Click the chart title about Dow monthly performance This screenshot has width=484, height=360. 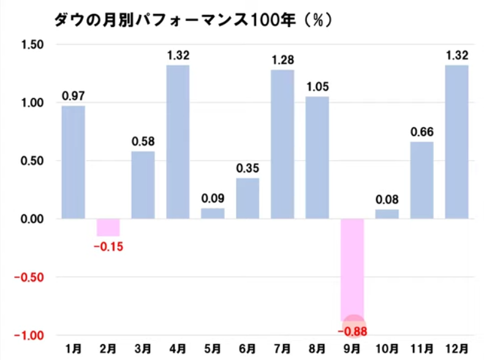193,20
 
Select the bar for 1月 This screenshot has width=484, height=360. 74,163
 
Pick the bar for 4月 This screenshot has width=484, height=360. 178,142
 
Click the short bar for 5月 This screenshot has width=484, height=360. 213,213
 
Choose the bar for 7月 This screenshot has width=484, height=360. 282,144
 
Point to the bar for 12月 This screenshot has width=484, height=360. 456,142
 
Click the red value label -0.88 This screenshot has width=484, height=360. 352,332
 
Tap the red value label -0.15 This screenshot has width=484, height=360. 108,247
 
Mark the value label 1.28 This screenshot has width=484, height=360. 282,60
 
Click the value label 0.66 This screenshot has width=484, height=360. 422,132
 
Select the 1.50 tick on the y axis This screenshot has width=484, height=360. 32,44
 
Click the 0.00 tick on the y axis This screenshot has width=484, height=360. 32,219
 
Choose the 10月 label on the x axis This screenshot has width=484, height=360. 387,350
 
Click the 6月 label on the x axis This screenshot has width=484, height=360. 248,350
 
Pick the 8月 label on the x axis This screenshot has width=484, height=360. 317,350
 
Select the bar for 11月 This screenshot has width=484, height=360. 422,180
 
